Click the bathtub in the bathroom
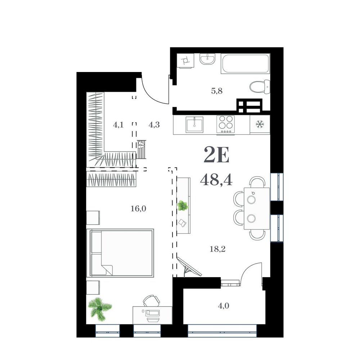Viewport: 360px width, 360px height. coord(245,64)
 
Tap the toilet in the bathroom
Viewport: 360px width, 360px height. coord(260,87)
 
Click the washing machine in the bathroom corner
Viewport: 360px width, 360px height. coord(185,60)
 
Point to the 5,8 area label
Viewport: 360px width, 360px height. coord(217,91)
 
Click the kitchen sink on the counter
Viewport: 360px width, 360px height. coord(194,125)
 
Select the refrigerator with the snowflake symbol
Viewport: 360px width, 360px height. coord(260,125)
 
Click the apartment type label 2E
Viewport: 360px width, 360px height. coord(216,155)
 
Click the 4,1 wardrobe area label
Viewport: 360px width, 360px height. coord(118,125)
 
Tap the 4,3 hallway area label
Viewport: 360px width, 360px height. coord(154,125)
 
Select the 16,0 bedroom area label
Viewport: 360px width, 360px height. coord(138,209)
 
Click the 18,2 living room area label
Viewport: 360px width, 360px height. coord(217,249)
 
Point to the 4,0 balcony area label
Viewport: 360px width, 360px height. coord(224,306)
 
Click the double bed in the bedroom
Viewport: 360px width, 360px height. coord(120,253)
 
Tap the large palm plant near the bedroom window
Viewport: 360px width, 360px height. coord(100,309)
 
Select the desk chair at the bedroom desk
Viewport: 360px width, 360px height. coord(151,301)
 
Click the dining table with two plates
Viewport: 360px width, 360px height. coord(257,208)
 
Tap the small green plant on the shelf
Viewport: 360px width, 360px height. coord(183,206)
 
